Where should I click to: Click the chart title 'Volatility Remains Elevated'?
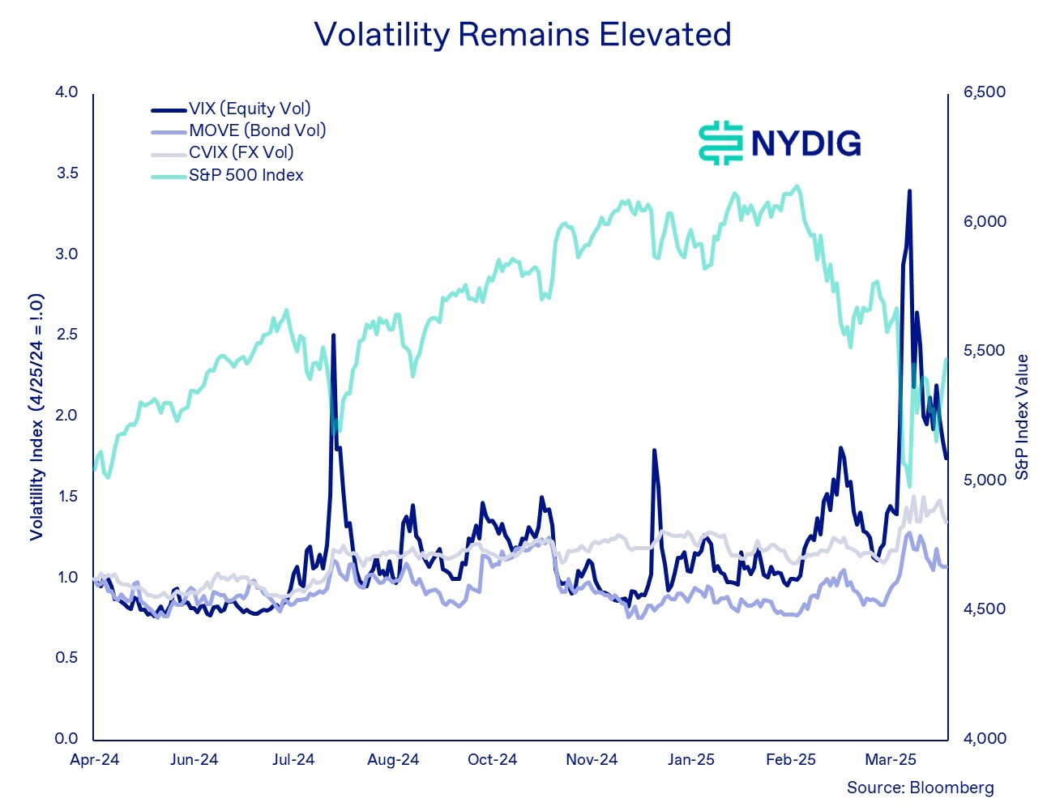[523, 35]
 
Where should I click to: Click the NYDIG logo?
[780, 143]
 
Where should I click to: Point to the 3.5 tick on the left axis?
[66, 173]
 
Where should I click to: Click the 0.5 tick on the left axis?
[66, 657]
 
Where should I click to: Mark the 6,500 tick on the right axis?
[984, 92]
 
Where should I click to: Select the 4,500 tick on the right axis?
[984, 609]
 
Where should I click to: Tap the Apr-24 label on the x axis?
[95, 760]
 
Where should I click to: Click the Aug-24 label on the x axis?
[393, 760]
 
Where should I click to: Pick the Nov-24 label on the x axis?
[592, 760]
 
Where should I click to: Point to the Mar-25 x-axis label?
[891, 760]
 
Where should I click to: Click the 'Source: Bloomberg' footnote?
[920, 788]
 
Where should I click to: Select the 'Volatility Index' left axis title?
[36, 417]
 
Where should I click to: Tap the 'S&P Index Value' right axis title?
[1022, 417]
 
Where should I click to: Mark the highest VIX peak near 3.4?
[909, 191]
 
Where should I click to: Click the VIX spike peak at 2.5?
[333, 335]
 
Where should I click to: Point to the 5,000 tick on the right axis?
[984, 480]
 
